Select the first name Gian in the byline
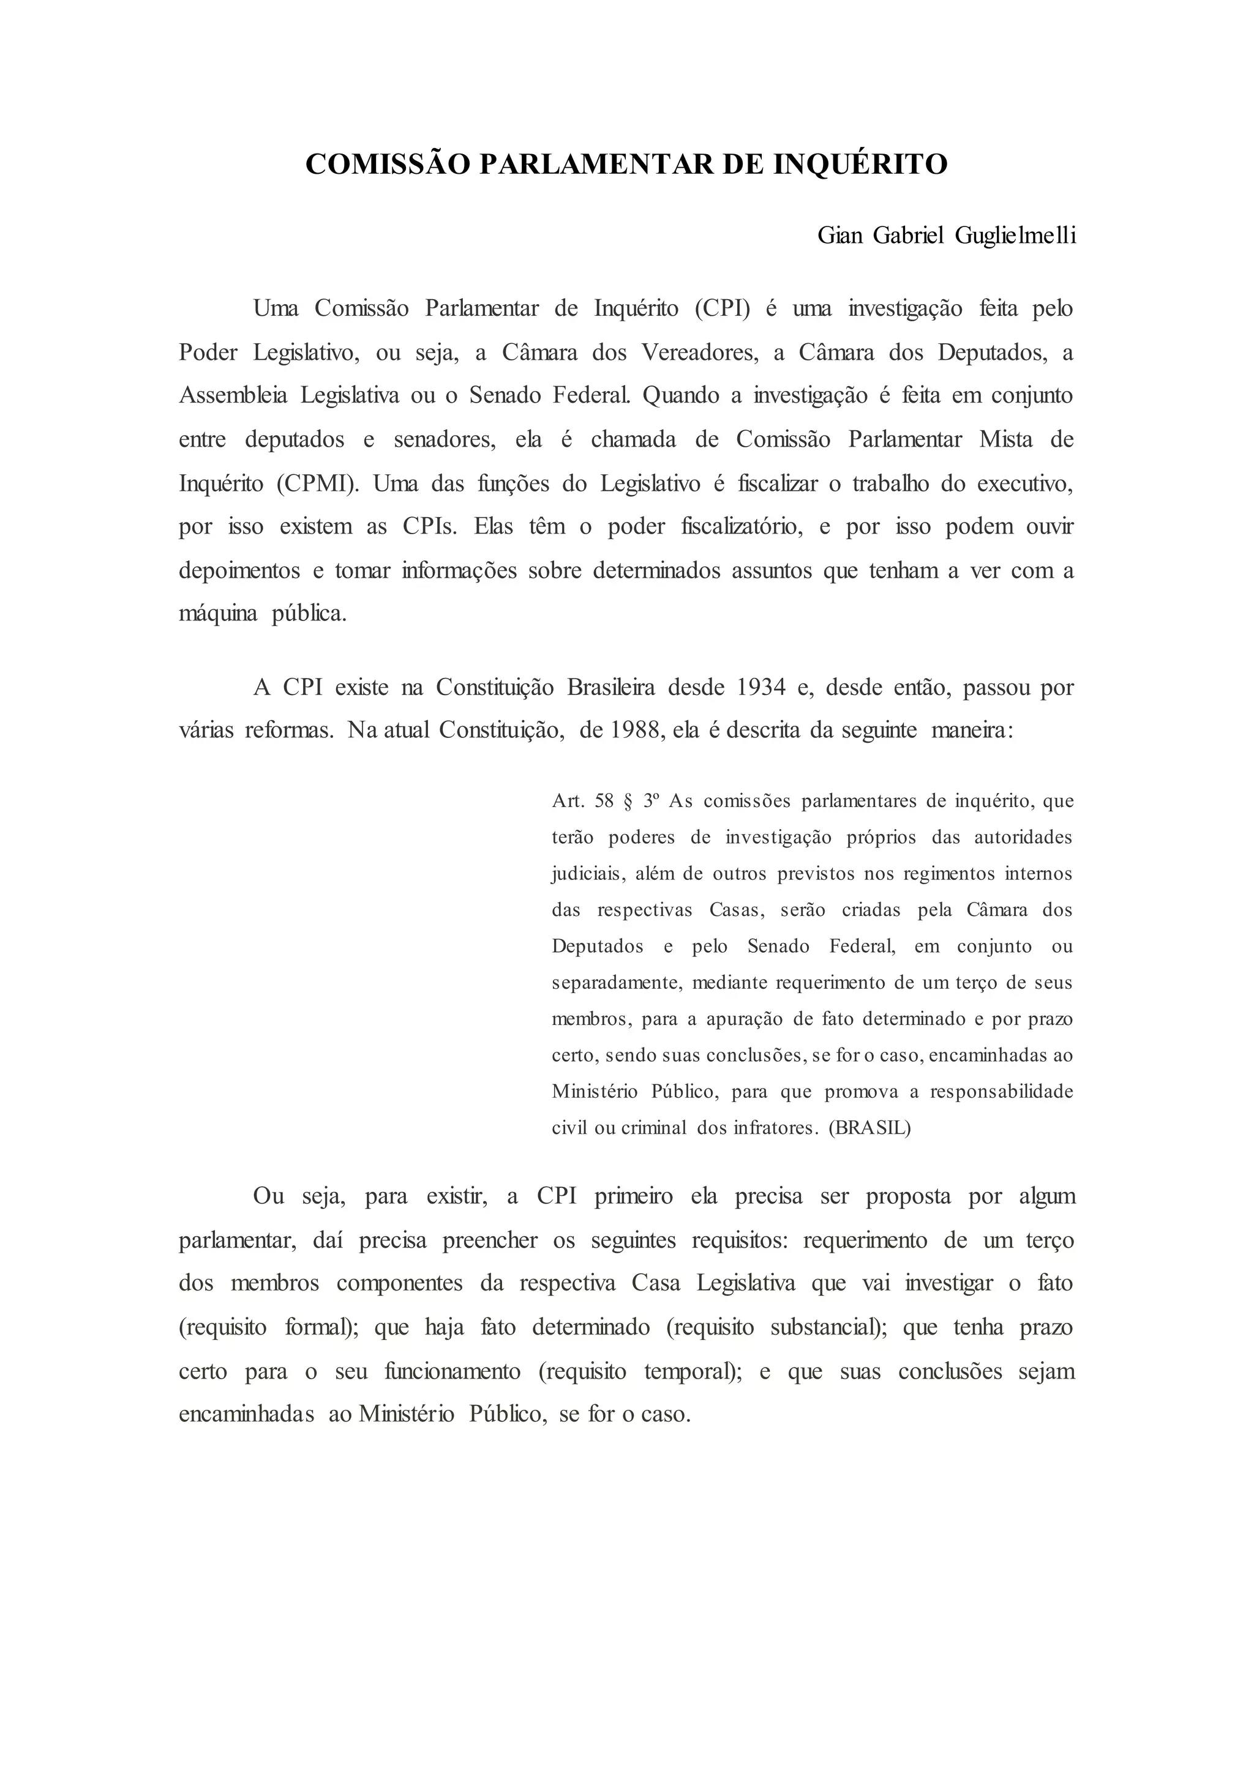pos(840,236)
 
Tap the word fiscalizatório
pos(742,527)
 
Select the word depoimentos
pos(239,571)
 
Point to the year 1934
pos(761,687)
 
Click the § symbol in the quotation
pos(627,801)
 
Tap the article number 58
pos(604,801)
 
